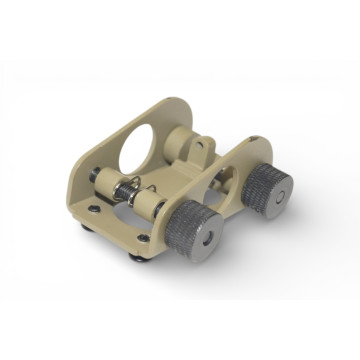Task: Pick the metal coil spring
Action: click(x=127, y=189)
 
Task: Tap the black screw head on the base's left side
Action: click(x=93, y=210)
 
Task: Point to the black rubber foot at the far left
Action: click(x=83, y=226)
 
